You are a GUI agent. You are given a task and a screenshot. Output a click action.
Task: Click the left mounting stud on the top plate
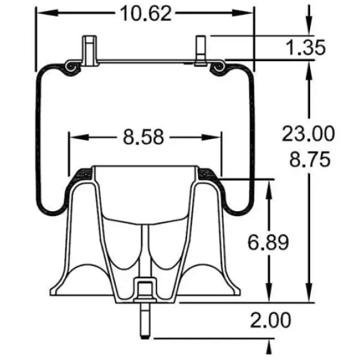pos(89,51)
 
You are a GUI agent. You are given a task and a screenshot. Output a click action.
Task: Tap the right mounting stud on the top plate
pos(200,50)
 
